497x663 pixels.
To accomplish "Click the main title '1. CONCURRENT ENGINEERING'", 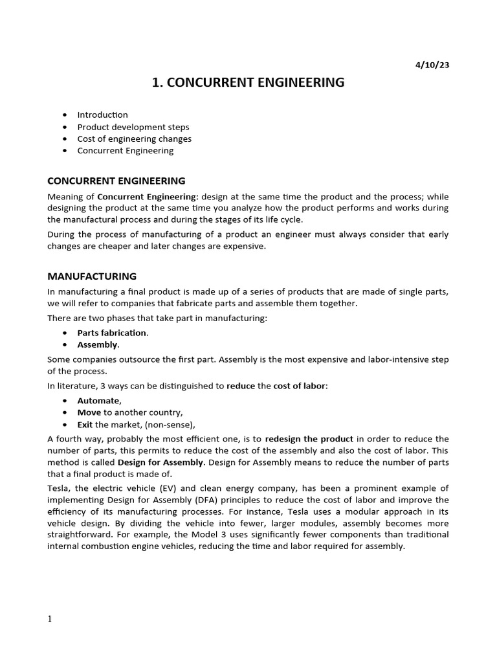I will [x=248, y=83].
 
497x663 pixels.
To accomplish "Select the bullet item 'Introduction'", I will [x=102, y=115].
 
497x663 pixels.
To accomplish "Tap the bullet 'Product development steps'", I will [x=133, y=127].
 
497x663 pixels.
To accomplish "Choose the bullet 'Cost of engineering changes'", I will [x=134, y=139].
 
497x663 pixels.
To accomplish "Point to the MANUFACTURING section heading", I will [x=92, y=276].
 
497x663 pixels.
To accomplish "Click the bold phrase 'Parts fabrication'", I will [x=112, y=333].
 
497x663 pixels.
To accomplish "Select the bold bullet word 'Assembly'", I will [x=97, y=344].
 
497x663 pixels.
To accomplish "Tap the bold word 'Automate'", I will [x=98, y=401].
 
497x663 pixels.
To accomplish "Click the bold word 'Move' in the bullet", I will [x=89, y=412].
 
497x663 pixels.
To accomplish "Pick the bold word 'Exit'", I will [x=85, y=425].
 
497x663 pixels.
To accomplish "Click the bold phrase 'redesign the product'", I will [x=309, y=439].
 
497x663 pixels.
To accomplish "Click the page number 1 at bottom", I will [x=49, y=618].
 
